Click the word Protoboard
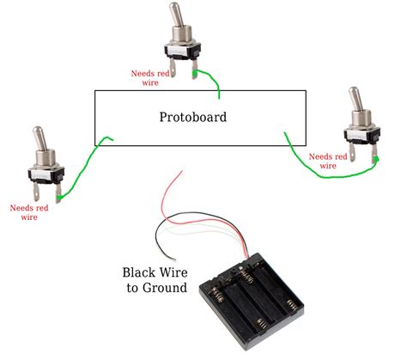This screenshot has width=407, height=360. click(x=193, y=117)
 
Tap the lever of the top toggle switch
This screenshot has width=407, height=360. click(x=175, y=14)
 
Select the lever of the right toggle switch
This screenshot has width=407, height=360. click(x=355, y=98)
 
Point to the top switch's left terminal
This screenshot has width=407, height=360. click(x=173, y=68)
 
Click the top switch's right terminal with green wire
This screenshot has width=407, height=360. click(x=195, y=70)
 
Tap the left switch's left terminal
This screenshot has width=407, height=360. click(x=36, y=192)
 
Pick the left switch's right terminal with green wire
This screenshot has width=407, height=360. click(x=58, y=193)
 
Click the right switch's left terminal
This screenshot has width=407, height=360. click(x=352, y=152)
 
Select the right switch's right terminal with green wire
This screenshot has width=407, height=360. click(x=374, y=154)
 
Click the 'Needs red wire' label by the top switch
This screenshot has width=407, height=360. click(x=150, y=78)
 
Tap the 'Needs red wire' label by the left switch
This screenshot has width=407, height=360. click(x=29, y=212)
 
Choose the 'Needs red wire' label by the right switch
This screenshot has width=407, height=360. click(x=328, y=161)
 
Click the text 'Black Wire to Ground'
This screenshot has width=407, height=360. click(x=155, y=280)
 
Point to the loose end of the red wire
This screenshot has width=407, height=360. click(x=182, y=171)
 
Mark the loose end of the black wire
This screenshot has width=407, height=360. click(x=175, y=260)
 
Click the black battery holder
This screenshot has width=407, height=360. click(x=252, y=301)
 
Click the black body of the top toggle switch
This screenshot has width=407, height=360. click(x=182, y=52)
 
